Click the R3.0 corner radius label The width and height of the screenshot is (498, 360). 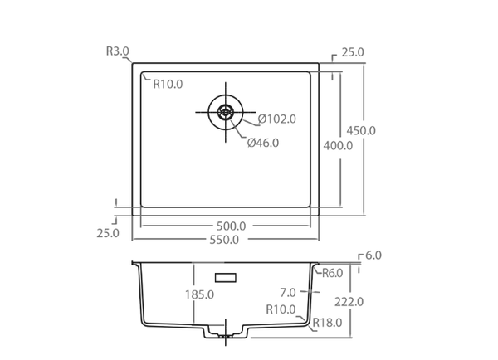click(118, 51)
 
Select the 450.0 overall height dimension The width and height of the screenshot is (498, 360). click(361, 130)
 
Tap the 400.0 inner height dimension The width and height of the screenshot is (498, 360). click(338, 146)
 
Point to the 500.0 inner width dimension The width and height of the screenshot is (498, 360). click(231, 226)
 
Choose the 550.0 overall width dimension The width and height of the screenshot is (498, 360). click(224, 240)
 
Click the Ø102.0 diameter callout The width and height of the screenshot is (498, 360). click(276, 119)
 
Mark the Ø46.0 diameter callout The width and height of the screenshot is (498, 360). click(263, 143)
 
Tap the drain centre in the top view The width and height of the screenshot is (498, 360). click(226, 112)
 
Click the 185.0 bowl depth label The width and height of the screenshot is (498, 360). click(200, 294)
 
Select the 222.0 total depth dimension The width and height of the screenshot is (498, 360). click(349, 302)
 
